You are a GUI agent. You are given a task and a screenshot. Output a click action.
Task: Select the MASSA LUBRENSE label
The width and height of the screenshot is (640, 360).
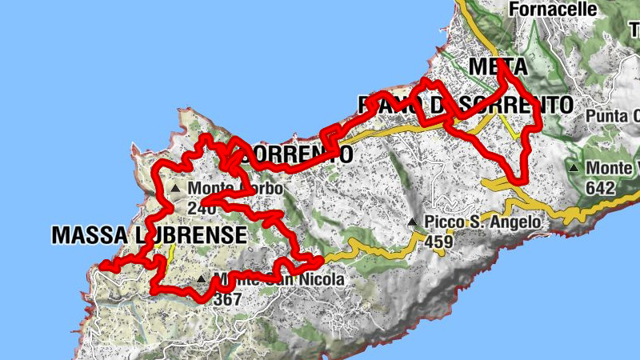[x=148, y=235]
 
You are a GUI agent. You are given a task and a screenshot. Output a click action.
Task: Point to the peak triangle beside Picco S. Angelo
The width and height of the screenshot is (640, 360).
[x=412, y=222]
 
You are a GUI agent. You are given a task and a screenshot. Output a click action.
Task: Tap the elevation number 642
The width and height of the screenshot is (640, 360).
[x=599, y=188]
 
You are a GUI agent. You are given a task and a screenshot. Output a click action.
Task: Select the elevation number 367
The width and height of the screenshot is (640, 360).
[x=227, y=298]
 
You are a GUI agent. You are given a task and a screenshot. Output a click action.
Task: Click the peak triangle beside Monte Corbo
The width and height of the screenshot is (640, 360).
[x=175, y=189]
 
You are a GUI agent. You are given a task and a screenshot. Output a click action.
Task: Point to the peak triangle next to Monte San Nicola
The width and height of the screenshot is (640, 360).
[x=201, y=280]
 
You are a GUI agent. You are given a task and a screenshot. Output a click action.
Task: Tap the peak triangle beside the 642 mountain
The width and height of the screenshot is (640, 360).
[x=574, y=169]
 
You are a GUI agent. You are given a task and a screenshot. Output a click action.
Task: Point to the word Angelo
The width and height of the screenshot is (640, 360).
[x=519, y=222]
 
